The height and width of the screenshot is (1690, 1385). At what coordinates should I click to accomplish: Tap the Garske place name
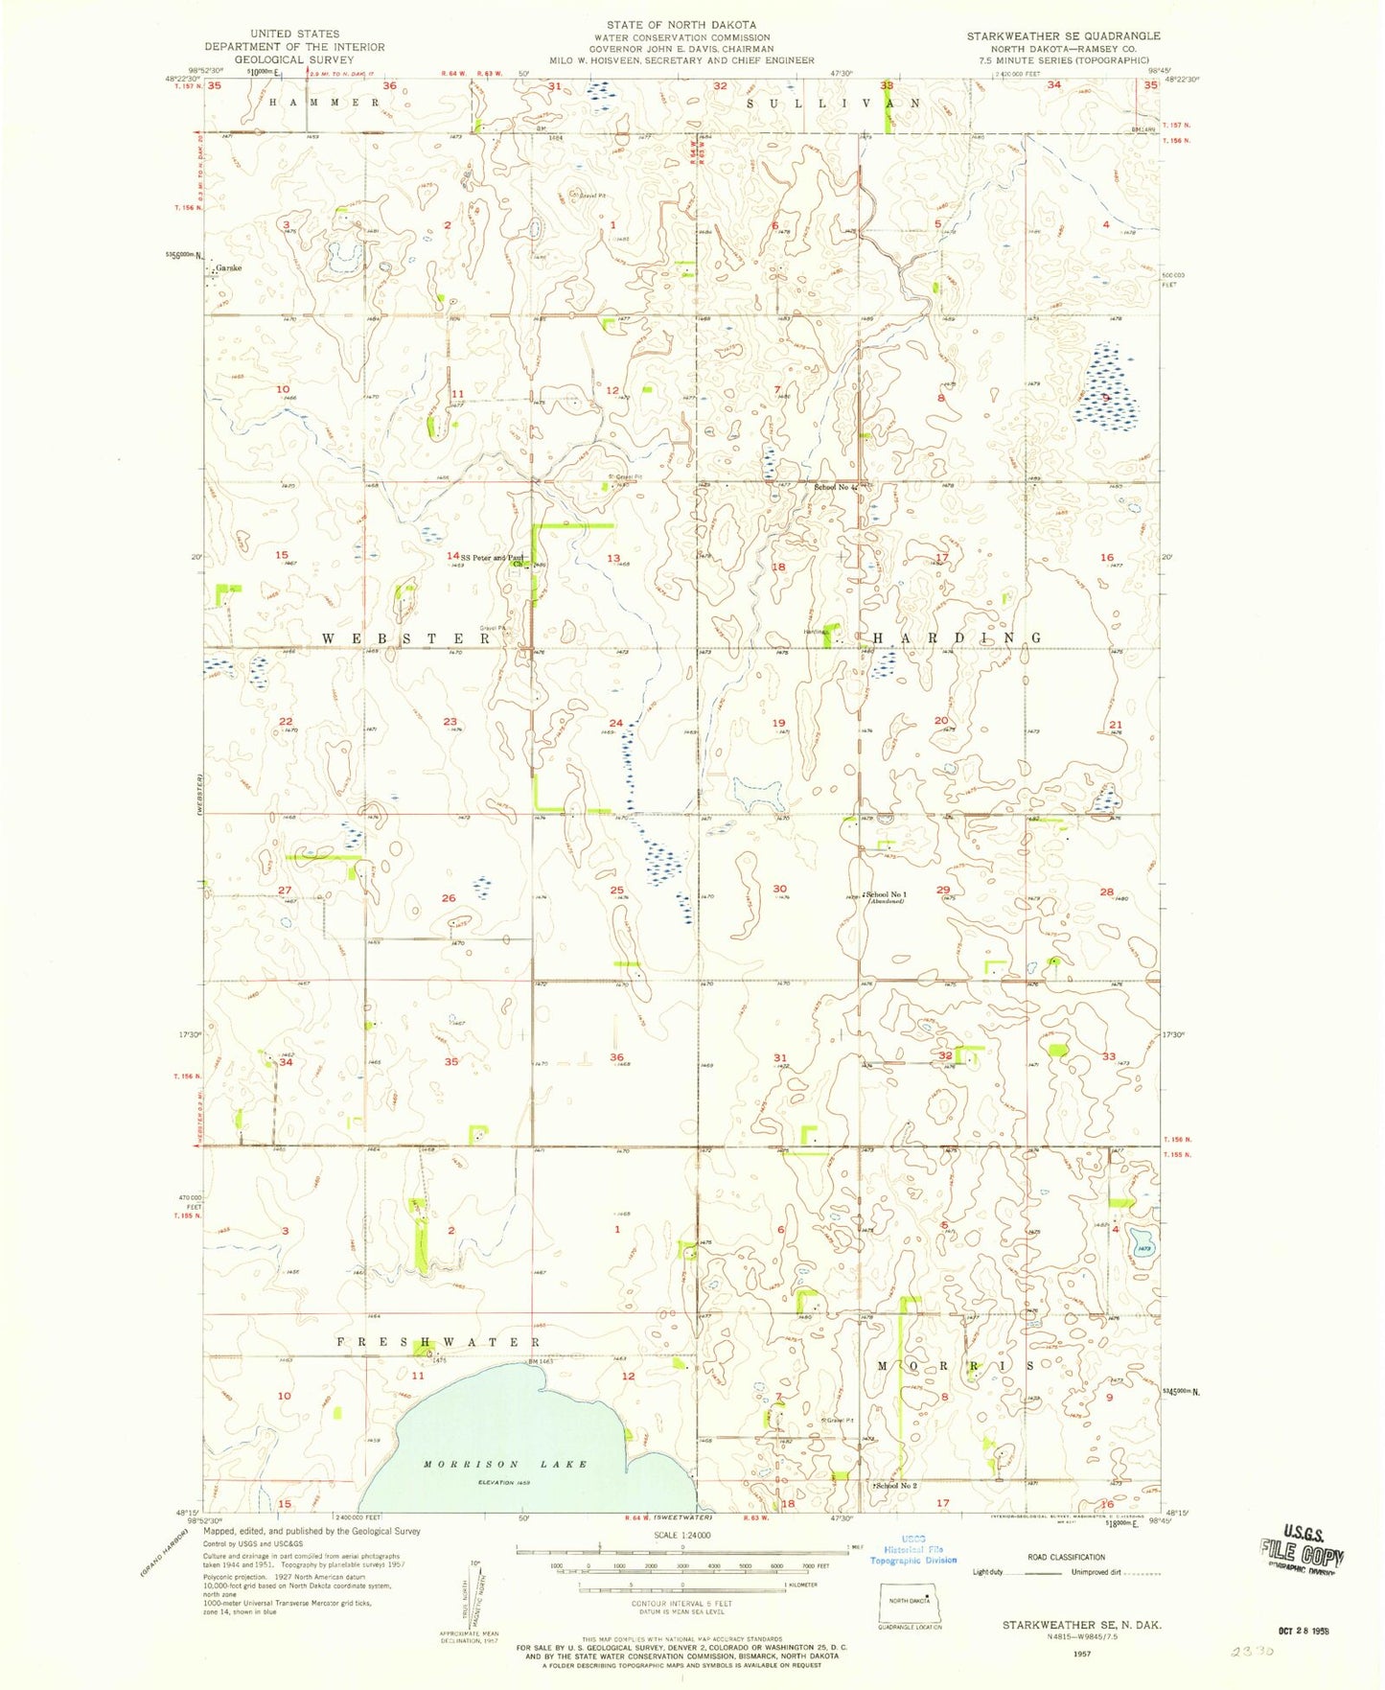(x=228, y=268)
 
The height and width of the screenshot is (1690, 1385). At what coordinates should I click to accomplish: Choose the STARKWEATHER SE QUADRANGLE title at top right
(x=1063, y=35)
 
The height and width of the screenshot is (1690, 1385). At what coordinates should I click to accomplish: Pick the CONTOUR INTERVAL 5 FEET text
(x=681, y=1603)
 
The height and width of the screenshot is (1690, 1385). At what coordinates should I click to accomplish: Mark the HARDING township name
(x=955, y=637)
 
